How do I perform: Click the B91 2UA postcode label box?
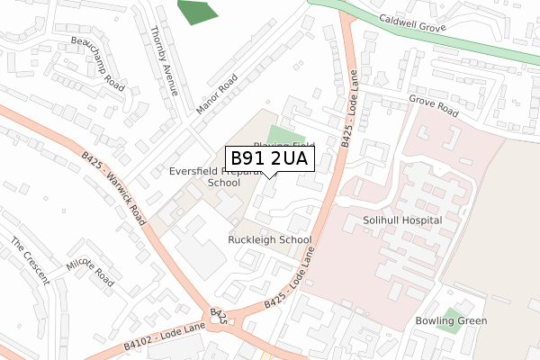pos(269,159)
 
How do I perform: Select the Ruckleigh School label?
pos(269,240)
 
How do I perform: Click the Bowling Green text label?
pos(451,321)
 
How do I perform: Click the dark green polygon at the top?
pos(197,12)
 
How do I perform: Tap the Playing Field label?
pos(283,145)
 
